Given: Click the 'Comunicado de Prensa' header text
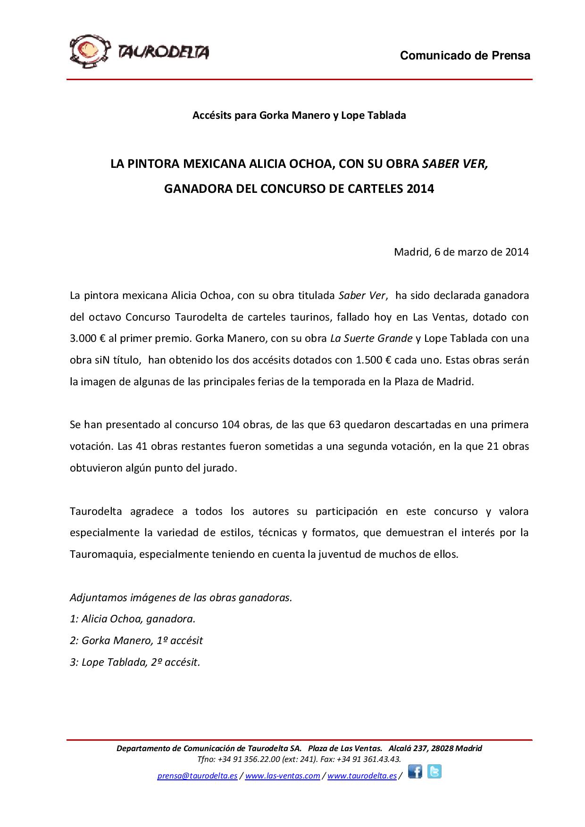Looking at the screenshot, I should coord(465,56).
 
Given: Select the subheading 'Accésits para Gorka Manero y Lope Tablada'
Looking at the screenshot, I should coord(299,115).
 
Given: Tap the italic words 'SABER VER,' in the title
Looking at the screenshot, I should coord(455,164).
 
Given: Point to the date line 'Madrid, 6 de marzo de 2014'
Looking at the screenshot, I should coord(461,252).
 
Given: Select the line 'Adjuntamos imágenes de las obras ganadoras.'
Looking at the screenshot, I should coord(181,598).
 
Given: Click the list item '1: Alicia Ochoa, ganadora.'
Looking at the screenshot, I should coord(132,619).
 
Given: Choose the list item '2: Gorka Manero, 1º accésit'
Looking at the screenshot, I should coord(136,641).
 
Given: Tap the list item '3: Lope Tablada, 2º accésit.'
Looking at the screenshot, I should coord(135,662).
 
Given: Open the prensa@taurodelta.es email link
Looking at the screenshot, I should coord(197,776).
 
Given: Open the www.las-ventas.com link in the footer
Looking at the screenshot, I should coord(283,776).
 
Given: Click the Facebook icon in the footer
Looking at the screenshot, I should coord(415,772).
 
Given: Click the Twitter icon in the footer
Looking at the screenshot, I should coord(435,771).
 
